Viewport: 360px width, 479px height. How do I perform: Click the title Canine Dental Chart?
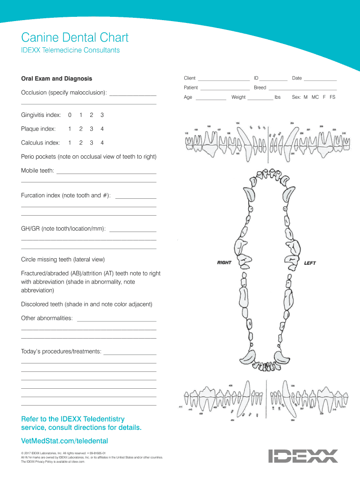click(75, 37)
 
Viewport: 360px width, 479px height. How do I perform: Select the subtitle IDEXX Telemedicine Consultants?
click(70, 51)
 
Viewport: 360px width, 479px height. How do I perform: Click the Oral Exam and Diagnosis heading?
click(57, 79)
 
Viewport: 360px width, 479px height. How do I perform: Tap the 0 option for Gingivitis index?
click(70, 115)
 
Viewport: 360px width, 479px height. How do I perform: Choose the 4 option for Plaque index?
click(102, 129)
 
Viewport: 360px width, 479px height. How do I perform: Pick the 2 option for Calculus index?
click(81, 143)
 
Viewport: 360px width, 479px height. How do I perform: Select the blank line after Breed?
click(302, 89)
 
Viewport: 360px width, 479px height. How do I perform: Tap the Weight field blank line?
click(260, 99)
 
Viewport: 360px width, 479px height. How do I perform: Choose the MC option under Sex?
click(315, 97)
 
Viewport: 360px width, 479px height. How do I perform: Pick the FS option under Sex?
click(332, 97)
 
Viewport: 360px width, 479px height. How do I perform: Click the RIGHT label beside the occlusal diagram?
click(224, 262)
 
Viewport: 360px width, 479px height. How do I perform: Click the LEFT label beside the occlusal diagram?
click(310, 263)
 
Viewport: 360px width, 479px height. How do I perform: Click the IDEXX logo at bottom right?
click(303, 456)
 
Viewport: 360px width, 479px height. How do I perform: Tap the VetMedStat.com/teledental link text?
click(65, 441)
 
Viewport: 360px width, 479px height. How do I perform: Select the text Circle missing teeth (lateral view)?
click(63, 259)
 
